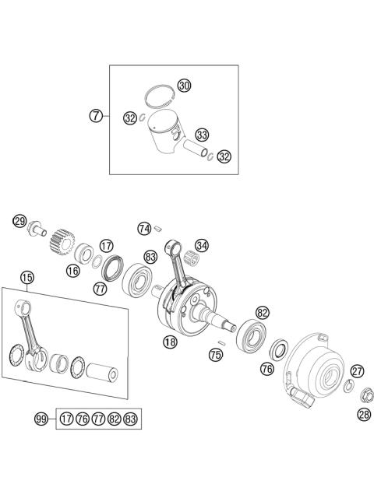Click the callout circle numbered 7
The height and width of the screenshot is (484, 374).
96,116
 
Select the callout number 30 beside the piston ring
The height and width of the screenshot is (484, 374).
184,85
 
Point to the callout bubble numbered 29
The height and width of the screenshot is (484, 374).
19,221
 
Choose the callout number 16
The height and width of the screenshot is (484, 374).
72,271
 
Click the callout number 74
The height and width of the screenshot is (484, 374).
143,228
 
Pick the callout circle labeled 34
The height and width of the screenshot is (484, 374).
202,245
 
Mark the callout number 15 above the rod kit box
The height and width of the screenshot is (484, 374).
27,277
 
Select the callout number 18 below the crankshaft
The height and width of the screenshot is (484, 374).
170,342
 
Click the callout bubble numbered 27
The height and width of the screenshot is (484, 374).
357,371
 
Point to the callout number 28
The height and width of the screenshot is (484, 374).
364,414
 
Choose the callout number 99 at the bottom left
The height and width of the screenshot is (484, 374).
41,419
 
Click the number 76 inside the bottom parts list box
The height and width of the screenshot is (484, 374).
82,419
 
